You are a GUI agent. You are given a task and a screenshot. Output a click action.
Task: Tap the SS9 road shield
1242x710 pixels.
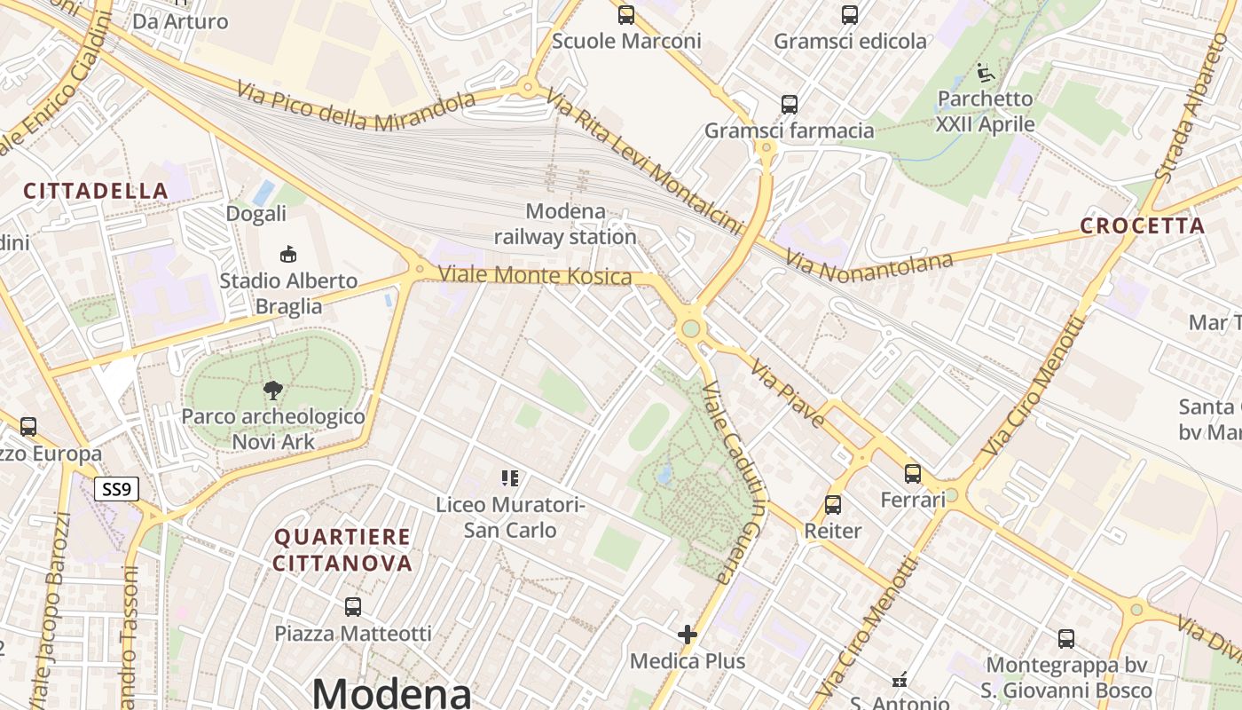click(117, 488)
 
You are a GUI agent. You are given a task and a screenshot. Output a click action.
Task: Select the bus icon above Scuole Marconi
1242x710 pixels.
click(626, 15)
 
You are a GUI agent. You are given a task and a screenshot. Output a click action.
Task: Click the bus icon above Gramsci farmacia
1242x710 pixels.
click(790, 105)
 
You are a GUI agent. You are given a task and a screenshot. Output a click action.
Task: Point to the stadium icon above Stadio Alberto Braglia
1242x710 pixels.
click(287, 255)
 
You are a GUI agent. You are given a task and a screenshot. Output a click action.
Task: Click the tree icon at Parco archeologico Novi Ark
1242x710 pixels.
click(273, 390)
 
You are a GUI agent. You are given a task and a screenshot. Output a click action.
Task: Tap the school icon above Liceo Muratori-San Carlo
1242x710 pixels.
click(510, 479)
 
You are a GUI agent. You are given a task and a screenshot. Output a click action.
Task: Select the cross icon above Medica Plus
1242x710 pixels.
click(688, 635)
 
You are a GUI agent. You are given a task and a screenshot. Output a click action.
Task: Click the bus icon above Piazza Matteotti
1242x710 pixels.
click(353, 607)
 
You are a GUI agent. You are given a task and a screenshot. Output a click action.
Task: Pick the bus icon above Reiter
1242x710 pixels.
click(833, 505)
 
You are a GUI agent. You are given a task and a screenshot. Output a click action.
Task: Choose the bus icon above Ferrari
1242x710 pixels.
click(913, 474)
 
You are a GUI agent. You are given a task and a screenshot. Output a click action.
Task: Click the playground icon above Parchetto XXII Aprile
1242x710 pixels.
click(985, 71)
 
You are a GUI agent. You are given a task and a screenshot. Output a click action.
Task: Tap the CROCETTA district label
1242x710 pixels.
click(1143, 225)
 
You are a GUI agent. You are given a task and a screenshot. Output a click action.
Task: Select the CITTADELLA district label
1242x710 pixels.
click(96, 191)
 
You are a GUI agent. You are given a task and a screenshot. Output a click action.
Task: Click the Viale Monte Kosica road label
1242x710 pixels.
click(535, 276)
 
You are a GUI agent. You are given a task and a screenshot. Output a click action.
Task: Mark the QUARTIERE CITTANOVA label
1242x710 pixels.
click(342, 549)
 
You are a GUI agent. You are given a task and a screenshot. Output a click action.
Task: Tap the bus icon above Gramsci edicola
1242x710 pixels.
click(850, 15)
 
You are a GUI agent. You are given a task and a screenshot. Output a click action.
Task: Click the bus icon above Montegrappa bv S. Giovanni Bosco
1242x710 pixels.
click(1066, 638)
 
